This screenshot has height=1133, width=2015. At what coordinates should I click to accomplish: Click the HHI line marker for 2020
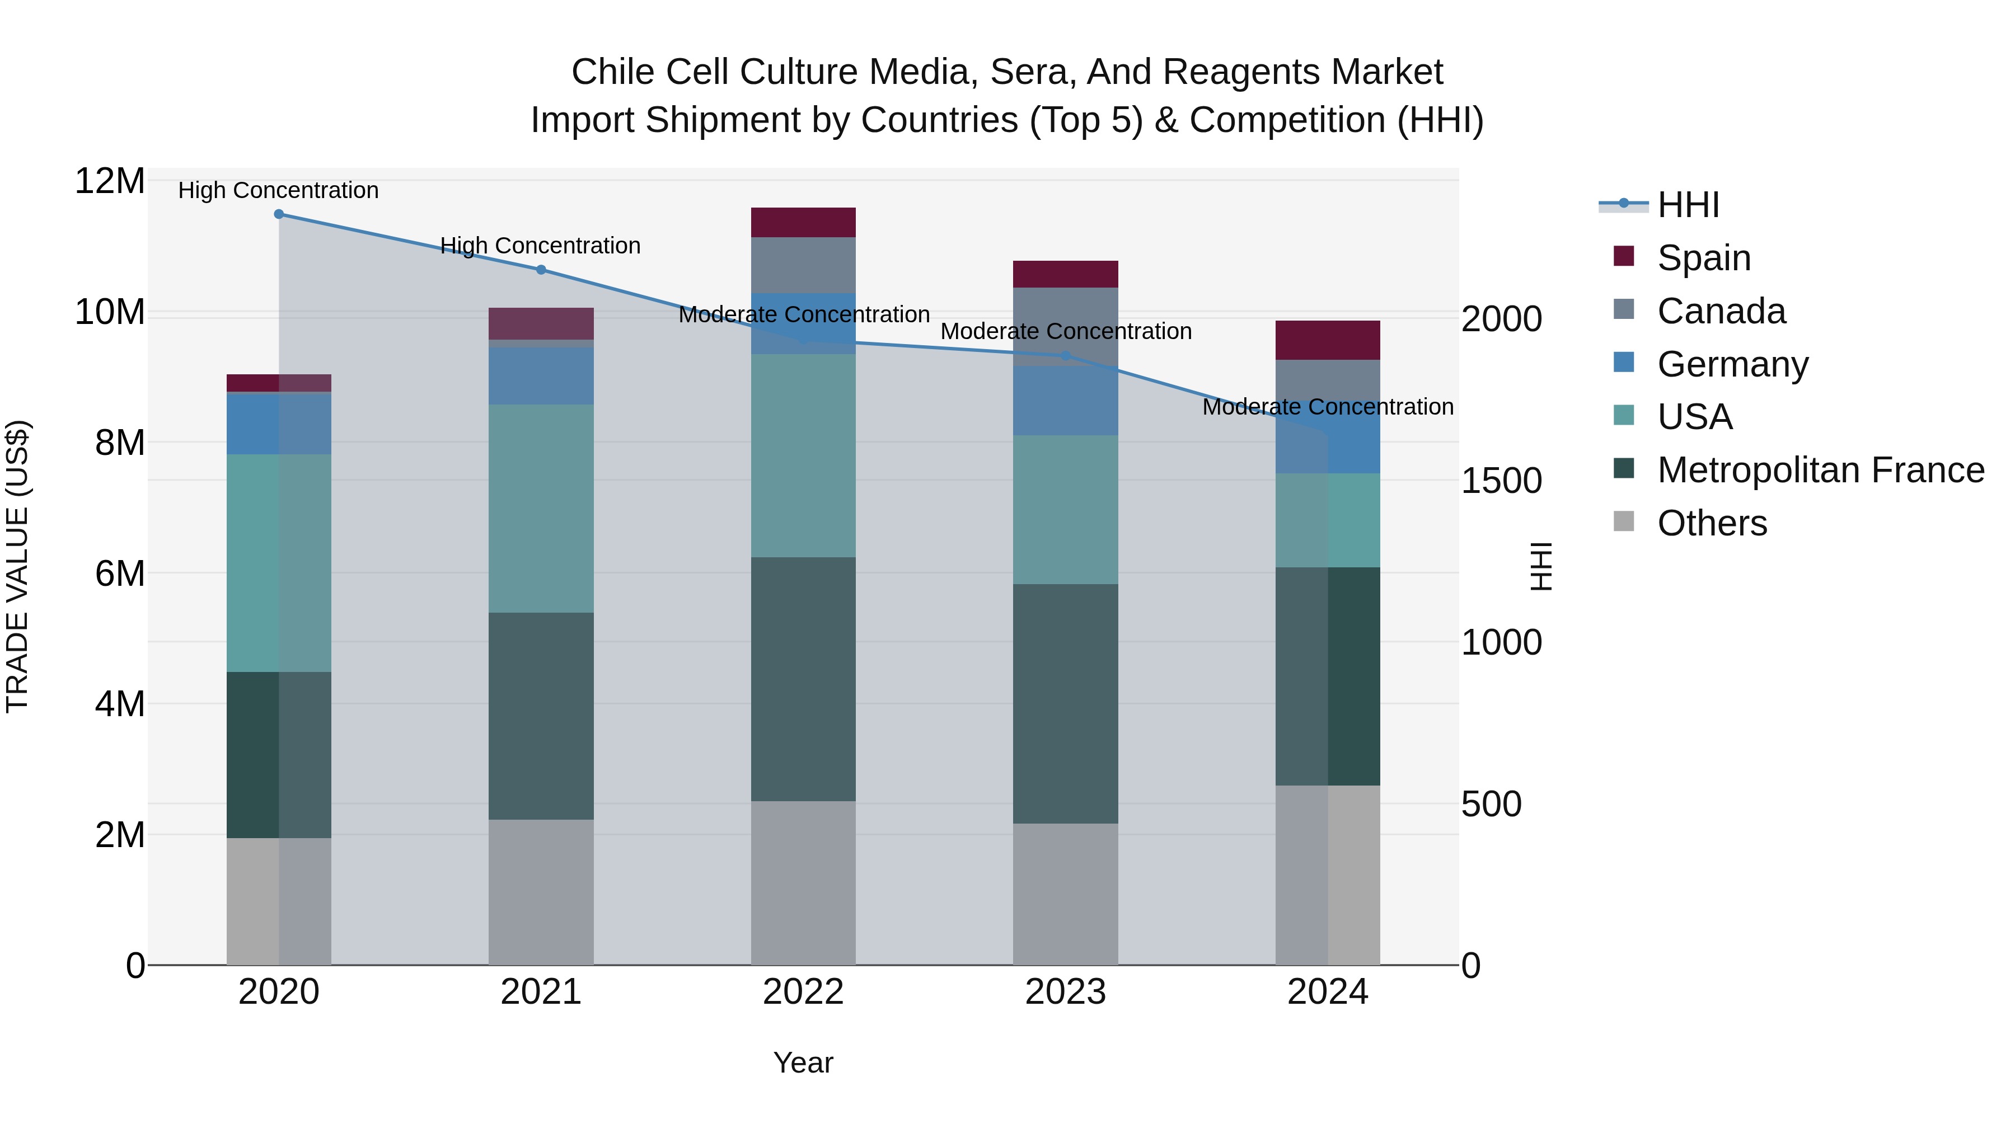pyautogui.click(x=279, y=214)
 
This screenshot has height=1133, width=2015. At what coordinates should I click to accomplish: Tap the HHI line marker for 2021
pyautogui.click(x=541, y=270)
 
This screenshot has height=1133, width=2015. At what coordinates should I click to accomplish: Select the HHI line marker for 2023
pyautogui.click(x=1065, y=356)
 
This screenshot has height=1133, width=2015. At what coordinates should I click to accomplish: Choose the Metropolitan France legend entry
pyautogui.click(x=1820, y=470)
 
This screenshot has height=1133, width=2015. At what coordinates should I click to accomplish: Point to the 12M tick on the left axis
pyautogui.click(x=110, y=181)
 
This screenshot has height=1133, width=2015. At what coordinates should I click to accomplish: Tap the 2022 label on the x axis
pyautogui.click(x=803, y=992)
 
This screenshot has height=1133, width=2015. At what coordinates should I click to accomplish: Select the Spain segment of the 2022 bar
pyautogui.click(x=803, y=222)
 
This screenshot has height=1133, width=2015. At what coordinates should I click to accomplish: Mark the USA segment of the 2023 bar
pyautogui.click(x=1065, y=509)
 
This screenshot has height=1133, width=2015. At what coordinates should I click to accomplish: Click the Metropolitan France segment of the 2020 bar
pyautogui.click(x=279, y=755)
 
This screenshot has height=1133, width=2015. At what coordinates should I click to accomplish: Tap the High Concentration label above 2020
pyautogui.click(x=279, y=190)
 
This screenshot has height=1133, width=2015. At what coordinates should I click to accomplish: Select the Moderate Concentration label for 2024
pyautogui.click(x=1328, y=407)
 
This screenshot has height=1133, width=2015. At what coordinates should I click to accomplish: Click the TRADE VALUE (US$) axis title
pyautogui.click(x=17, y=566)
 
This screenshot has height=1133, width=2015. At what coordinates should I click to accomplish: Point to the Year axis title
pyautogui.click(x=803, y=1063)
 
